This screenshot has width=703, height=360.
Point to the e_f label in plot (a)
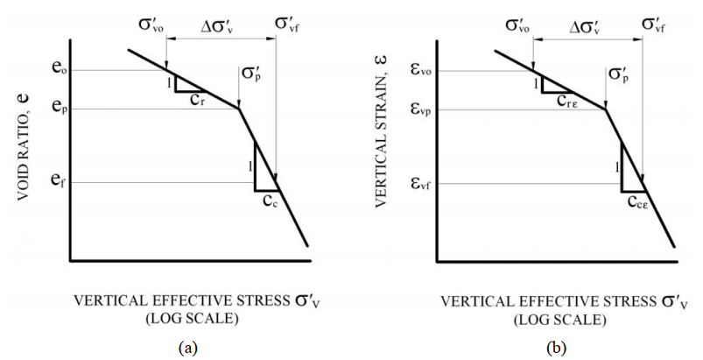coord(53,182)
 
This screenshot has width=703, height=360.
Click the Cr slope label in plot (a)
coord(198,99)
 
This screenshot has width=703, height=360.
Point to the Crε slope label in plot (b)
coord(567,100)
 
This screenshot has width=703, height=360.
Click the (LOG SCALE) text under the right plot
coord(557,318)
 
